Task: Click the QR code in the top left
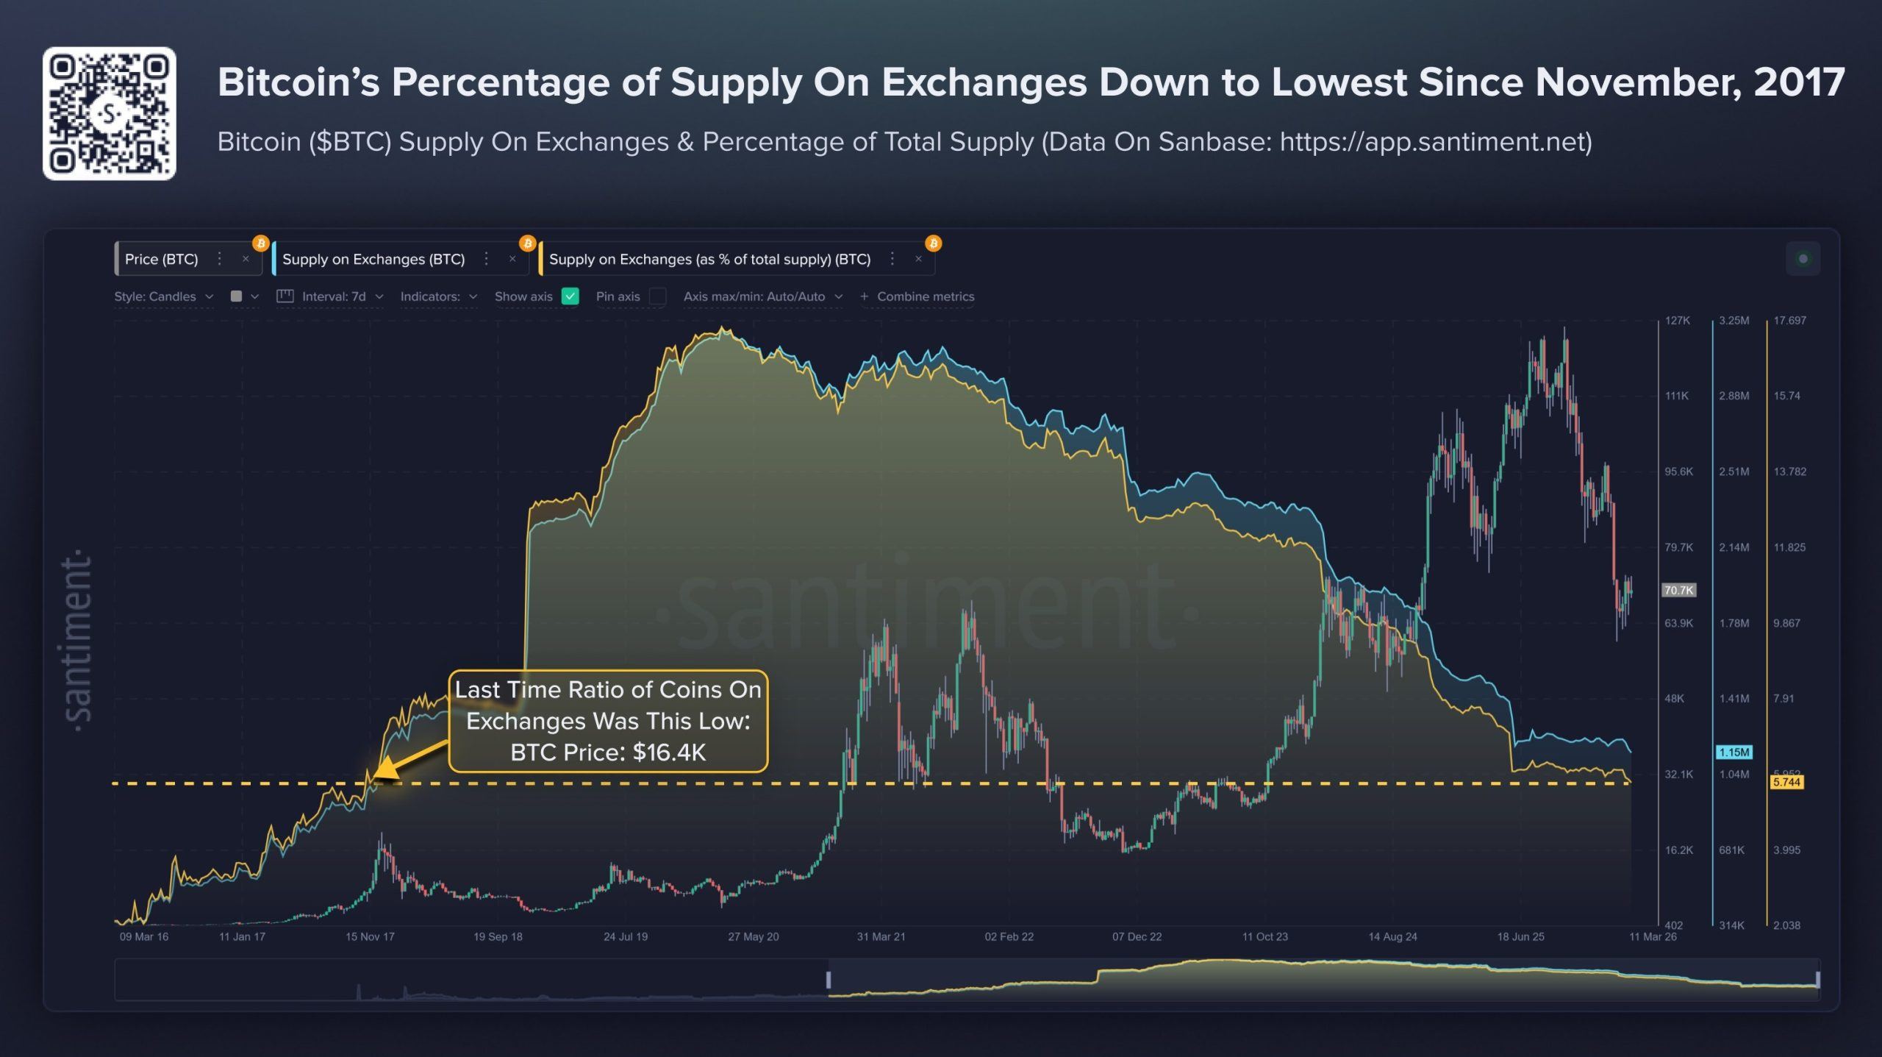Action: [109, 114]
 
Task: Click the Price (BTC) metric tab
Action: [162, 259]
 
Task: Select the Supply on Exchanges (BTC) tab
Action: [373, 259]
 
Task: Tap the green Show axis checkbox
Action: [570, 296]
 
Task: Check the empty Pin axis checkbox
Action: [658, 296]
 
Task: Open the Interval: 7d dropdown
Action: [334, 296]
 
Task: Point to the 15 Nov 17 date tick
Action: [370, 936]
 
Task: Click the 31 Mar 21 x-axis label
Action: [881, 936]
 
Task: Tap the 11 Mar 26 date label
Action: [1653, 936]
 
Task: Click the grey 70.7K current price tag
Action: [1678, 590]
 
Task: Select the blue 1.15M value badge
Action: [1734, 752]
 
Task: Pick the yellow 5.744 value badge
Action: [1786, 782]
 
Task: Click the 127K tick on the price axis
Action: [1678, 321]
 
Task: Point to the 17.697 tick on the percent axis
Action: [1789, 321]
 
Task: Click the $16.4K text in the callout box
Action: [669, 752]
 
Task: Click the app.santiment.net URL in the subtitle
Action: [1435, 141]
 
